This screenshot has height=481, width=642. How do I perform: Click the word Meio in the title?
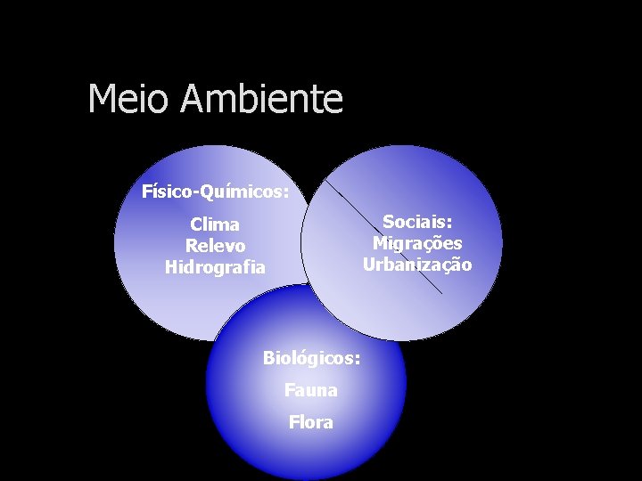pos(128,99)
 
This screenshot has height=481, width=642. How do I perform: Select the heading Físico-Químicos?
pos(215,192)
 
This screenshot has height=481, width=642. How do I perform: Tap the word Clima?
pos(215,224)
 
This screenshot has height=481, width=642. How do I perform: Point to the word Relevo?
pos(215,246)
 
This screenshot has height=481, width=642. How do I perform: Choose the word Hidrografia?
pos(215,267)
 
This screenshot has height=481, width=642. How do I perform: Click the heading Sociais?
pos(417,222)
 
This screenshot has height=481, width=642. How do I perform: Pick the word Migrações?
pos(417,243)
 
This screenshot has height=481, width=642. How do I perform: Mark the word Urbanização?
pos(417,265)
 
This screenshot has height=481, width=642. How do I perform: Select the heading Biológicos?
pos(311,358)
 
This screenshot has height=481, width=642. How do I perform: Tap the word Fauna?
pos(311,390)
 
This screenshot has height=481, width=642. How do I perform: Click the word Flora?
pos(311,422)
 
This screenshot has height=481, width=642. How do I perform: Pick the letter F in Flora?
pos(293,422)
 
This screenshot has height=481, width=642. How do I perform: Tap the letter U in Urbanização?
pos(368,265)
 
